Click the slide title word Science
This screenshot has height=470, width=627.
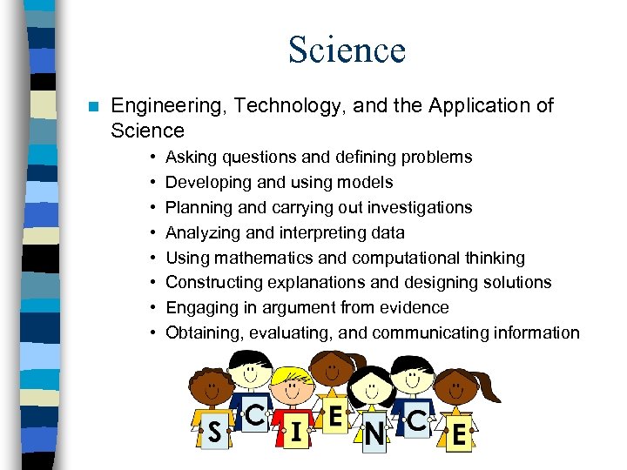pos(347,50)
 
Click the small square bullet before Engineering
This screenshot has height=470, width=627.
pos(92,106)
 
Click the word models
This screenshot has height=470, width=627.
pos(368,183)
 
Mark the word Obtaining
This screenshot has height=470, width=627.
pos(201,332)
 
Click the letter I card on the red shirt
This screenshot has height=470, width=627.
pos(296,429)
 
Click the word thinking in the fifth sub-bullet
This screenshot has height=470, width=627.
pos(492,258)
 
